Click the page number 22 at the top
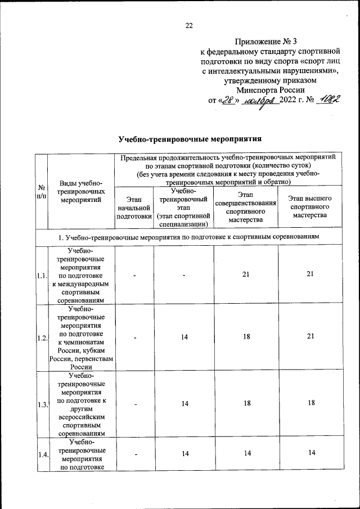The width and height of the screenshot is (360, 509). tap(189, 25)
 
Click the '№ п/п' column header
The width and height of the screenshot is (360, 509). tap(41, 191)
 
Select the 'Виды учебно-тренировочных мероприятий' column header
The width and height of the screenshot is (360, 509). tap(82, 191)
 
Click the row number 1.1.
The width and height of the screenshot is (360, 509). tap(41, 276)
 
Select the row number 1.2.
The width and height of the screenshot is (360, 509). tap(41, 337)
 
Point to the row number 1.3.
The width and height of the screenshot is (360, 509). tap(41, 404)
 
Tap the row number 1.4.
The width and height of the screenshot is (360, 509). tap(41, 455)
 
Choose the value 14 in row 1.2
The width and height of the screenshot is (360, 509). tap(183, 337)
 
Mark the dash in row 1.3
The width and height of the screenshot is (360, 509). tap(134, 404)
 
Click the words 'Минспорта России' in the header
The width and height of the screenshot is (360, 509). tap(271, 89)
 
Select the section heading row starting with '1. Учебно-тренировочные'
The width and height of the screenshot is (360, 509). tap(188, 237)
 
